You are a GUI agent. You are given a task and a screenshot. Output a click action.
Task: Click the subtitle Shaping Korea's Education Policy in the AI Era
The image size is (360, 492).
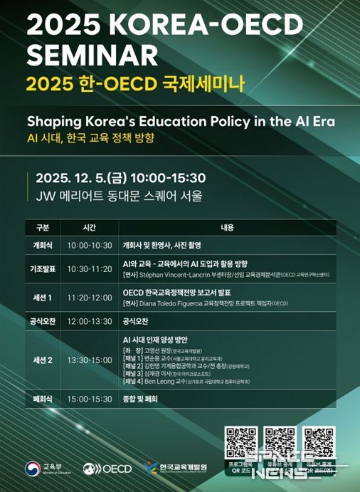click(x=180, y=120)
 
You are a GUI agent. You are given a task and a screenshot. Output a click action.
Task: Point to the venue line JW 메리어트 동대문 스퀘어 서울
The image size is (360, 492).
click(x=114, y=195)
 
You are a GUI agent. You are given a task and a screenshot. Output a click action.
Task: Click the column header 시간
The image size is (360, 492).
click(x=89, y=229)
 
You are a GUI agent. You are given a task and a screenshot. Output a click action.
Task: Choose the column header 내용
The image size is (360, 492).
click(x=227, y=229)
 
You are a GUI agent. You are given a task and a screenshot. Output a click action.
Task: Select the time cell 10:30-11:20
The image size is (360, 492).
click(x=90, y=269)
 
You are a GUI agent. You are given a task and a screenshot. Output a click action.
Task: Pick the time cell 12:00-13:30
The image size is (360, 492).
click(x=90, y=321)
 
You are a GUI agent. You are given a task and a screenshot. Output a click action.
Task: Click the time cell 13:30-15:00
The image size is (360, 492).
click(x=90, y=360)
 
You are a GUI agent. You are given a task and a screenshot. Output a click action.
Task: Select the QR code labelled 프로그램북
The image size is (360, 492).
click(x=240, y=443)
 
